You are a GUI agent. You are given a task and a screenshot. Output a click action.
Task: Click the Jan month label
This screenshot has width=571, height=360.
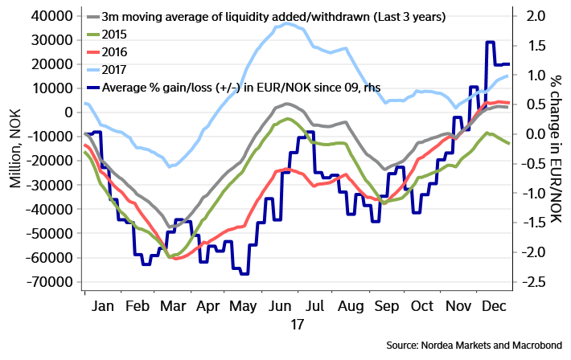click(102, 306)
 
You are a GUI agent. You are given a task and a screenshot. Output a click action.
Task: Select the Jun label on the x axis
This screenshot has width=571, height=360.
click(280, 306)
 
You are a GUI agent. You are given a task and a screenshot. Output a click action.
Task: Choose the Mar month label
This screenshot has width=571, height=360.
click(171, 306)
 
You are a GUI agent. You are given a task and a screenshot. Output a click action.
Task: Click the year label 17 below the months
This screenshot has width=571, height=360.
click(297, 325)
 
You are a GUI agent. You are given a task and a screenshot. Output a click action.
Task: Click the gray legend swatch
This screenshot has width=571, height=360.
click(92, 16)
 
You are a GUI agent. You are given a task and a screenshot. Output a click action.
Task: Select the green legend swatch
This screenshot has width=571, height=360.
click(92, 34)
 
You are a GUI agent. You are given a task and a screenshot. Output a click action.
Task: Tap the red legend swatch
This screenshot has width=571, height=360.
click(92, 51)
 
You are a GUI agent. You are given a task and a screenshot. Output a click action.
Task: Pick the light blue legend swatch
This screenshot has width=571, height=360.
click(92, 70)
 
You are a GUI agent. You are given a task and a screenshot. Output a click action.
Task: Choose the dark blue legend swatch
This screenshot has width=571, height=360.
click(92, 88)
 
